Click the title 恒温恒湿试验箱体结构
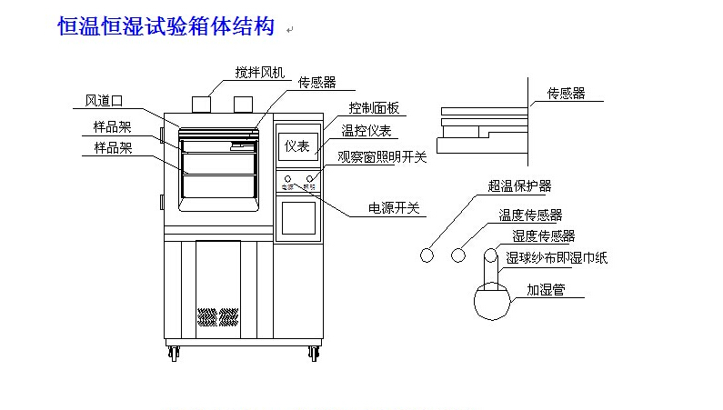pos(166,27)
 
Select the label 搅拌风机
pos(260,72)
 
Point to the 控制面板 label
pos(374,107)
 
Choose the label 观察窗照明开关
pos(382,156)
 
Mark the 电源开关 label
pos(394,208)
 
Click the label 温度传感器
pos(530,215)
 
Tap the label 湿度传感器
pos(544,236)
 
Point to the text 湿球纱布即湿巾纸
pos(557,258)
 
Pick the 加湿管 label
pos(546,291)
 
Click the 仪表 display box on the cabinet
pos(296,145)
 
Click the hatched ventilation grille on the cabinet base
pos(218,317)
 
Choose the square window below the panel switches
pos(296,218)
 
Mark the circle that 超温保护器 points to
pos(427,255)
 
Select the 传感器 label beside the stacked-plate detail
pos(566,94)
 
